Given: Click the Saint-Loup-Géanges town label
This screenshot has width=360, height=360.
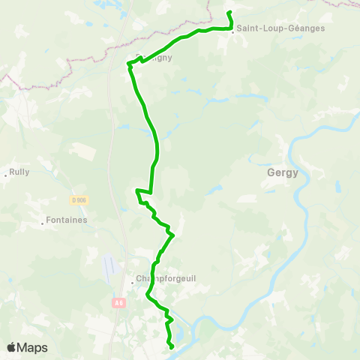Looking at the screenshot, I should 271,28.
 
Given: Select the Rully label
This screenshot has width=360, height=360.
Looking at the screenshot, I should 19,171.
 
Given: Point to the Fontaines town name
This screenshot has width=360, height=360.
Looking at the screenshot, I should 67,220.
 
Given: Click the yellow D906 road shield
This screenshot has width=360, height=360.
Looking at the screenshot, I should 79,199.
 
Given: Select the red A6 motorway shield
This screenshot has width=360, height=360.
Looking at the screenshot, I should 118,303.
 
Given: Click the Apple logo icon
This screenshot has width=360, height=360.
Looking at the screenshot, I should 11,348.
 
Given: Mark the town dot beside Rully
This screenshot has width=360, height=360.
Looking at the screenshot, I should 6,175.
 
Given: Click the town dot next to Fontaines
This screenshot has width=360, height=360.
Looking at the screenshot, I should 42,223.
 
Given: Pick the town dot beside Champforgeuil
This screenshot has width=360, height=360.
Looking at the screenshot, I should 132,283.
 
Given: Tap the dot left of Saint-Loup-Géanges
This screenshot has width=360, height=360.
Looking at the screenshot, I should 232,31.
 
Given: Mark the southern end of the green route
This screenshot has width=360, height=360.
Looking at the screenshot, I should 172,346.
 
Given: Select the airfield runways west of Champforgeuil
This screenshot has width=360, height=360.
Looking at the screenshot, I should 111,264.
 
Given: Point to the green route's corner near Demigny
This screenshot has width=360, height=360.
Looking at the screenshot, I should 129,64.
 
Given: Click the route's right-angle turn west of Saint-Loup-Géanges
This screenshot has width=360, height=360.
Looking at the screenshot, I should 231,28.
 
